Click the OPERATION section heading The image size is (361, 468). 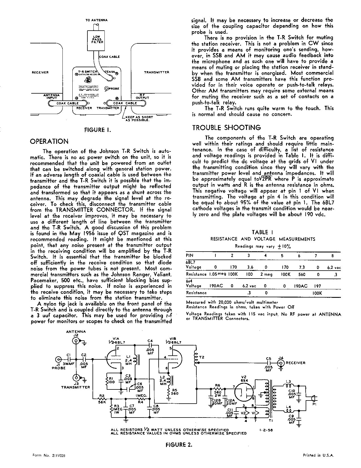(x=49, y=141)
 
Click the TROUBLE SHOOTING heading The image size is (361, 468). (x=226, y=128)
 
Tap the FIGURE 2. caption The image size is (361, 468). (x=179, y=445)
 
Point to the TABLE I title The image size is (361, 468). (x=262, y=233)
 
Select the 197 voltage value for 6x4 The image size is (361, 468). (x=317, y=286)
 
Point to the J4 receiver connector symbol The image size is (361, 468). (x=281, y=362)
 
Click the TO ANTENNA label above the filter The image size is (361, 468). (x=96, y=20)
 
